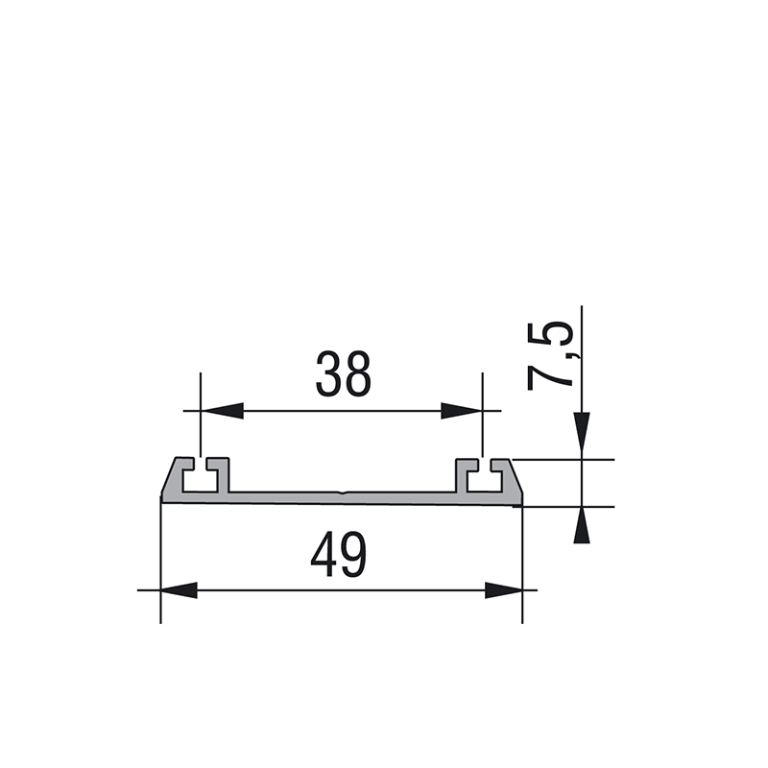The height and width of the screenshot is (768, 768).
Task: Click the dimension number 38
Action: pyautogui.click(x=344, y=373)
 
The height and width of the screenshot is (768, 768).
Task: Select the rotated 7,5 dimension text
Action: pyautogui.click(x=549, y=356)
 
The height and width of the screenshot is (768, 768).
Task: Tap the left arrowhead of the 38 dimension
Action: pyautogui.click(x=222, y=411)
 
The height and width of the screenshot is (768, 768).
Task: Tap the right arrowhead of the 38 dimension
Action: pyautogui.click(x=462, y=411)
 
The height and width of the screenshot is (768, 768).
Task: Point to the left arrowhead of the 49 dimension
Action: pyautogui.click(x=179, y=590)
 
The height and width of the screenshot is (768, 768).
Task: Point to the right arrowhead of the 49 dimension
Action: pyautogui.click(x=503, y=590)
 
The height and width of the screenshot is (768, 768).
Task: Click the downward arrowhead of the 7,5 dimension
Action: pyautogui.click(x=582, y=431)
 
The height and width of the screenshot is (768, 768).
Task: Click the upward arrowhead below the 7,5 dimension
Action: pyautogui.click(x=582, y=525)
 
